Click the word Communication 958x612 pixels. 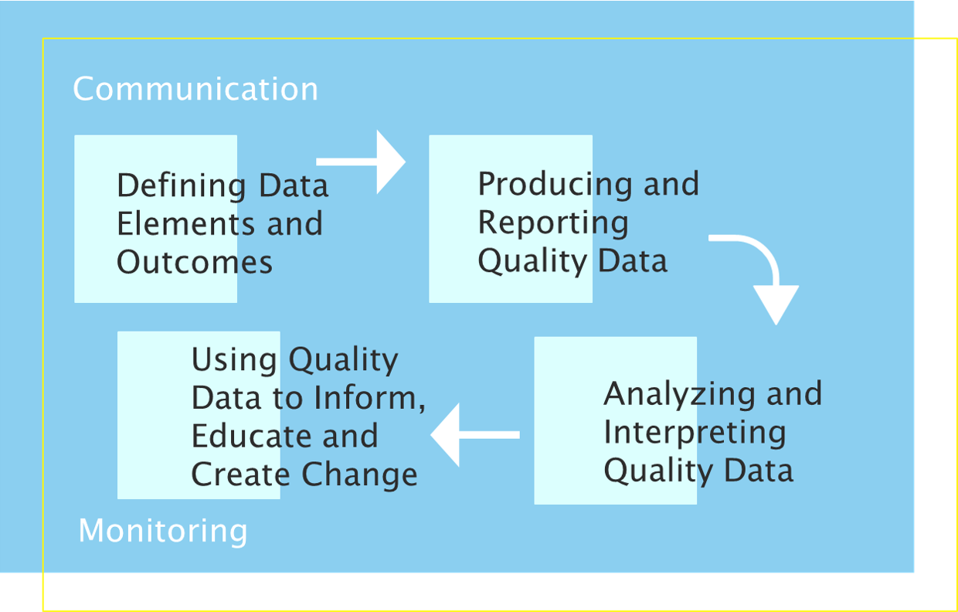pos(195,89)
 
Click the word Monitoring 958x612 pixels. pos(163,532)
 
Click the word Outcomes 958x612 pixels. pos(195,263)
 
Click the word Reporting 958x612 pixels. pos(553,223)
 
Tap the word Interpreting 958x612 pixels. pos(695,433)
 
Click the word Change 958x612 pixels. pos(360,474)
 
